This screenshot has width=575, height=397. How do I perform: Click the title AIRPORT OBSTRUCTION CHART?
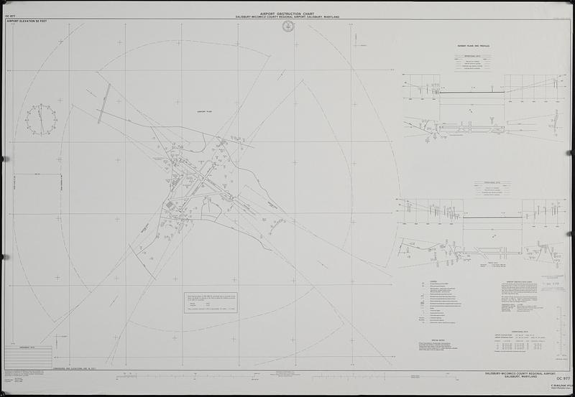click(287, 13)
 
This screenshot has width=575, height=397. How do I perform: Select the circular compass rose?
click(41, 119)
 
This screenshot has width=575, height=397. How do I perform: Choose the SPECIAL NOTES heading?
click(439, 342)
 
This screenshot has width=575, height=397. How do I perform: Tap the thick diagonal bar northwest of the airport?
click(105, 103)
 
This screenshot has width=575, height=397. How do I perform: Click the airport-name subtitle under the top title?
click(287, 17)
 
